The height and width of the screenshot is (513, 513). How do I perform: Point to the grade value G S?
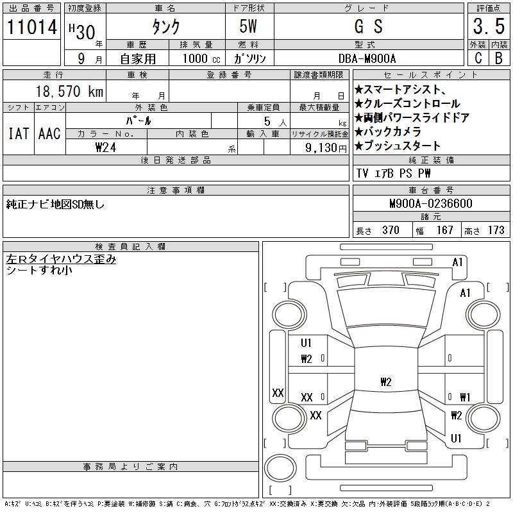coord(368,27)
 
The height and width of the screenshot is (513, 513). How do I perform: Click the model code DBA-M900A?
coord(367,58)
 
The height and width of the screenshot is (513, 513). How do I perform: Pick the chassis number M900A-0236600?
coord(430,204)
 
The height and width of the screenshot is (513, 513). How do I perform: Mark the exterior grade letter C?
coord(477,58)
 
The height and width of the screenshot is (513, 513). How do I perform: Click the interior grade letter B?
coord(498,58)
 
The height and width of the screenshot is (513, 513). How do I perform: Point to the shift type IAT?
coord(18,134)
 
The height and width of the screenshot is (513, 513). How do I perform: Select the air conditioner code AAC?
coord(49,134)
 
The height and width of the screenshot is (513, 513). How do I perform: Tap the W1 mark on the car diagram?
coord(465,398)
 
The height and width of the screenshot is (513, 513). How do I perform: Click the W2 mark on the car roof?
coord(385,382)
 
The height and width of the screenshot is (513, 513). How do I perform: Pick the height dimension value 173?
coord(496,230)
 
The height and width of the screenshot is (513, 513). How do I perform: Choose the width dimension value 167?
coord(444,230)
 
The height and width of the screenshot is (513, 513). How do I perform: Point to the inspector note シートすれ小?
coord(39,271)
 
